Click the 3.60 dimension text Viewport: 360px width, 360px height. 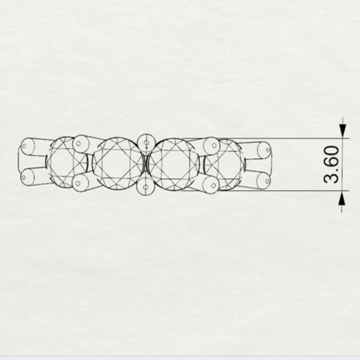pos(331,164)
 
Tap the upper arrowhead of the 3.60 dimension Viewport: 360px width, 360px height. pos(343,131)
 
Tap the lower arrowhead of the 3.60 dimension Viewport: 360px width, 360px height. pos(342,198)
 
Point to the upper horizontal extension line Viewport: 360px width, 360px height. pos(266,139)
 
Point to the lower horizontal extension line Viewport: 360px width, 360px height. pos(265,190)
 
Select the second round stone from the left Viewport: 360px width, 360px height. pos(118,164)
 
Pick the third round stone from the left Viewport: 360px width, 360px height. pos(174,164)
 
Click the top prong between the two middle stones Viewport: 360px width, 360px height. pos(146,143)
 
